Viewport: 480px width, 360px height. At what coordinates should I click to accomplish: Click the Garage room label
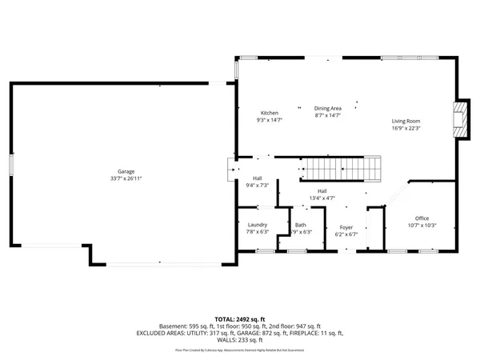126,172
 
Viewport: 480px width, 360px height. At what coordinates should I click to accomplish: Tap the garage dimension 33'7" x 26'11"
126,179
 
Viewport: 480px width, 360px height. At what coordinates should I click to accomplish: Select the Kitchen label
269,113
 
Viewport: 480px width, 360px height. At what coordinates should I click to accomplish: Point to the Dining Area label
327,108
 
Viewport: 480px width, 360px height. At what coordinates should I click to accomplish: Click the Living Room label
406,121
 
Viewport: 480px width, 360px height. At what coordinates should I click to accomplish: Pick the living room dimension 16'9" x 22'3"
406,128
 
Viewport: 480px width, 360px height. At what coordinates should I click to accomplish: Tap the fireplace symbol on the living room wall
460,119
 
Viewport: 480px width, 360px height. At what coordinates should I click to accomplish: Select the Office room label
422,218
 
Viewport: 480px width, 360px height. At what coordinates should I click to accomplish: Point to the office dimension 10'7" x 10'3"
422,226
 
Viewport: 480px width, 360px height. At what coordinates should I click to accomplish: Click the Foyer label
346,228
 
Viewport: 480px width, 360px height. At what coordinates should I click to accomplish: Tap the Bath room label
300,226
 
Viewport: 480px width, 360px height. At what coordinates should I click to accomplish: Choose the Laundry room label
258,226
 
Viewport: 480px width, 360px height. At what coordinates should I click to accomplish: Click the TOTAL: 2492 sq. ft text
240,319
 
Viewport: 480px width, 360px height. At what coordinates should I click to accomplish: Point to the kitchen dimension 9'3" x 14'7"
269,120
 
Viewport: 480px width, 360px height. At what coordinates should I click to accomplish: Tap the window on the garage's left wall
10,163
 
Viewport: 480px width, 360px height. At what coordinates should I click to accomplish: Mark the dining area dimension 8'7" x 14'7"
327,115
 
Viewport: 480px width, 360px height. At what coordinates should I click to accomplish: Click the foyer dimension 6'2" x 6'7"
346,235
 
